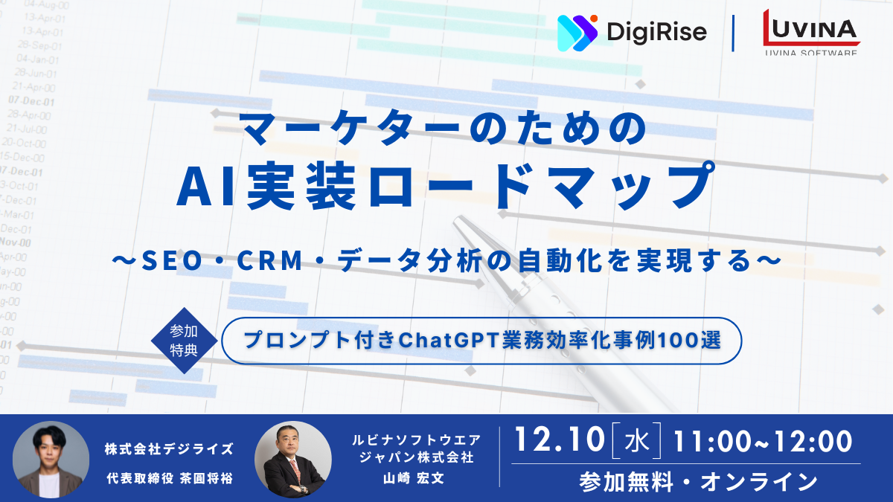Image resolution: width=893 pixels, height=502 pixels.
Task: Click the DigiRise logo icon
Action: tap(577, 32)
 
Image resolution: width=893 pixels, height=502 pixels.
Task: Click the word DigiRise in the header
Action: tap(656, 32)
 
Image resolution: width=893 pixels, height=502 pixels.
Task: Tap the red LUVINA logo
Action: tap(810, 28)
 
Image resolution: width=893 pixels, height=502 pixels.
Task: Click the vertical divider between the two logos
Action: tap(734, 33)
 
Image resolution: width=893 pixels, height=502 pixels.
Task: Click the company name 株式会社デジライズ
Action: tap(169, 448)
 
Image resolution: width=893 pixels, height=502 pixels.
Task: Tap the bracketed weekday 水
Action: tap(636, 442)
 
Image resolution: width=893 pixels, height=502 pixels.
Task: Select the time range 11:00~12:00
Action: tap(762, 442)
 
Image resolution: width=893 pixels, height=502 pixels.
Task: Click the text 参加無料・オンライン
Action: tap(698, 482)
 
